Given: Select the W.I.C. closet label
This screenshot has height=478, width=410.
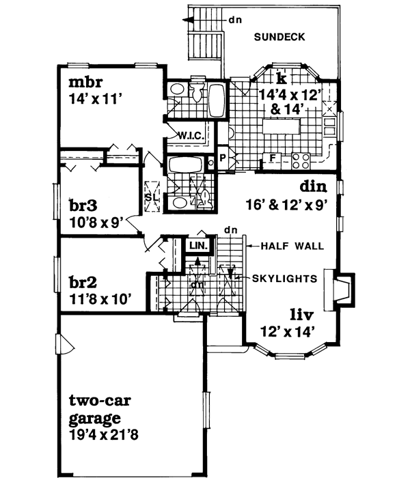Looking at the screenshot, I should pyautogui.click(x=189, y=135).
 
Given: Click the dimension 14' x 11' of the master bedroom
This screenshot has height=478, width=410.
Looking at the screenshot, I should pyautogui.click(x=95, y=98).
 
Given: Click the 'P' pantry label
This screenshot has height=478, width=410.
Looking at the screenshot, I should pyautogui.click(x=223, y=159).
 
